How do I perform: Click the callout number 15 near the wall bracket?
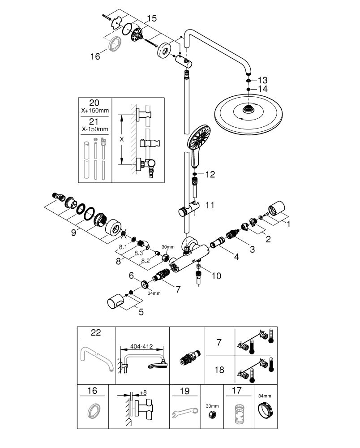coord(152,18)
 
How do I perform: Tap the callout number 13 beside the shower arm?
coord(263,80)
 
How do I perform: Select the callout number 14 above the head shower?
coord(263,89)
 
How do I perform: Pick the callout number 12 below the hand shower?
coord(210,174)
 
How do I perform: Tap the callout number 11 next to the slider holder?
coord(210,205)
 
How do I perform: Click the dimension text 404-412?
coord(141,347)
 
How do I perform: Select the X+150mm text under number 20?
coord(95,111)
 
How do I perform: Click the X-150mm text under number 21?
coord(95,129)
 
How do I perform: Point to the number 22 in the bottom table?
coord(96,332)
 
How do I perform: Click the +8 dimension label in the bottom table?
coord(143,392)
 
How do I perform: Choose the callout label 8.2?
coord(146,261)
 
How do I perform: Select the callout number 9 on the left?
coord(73,233)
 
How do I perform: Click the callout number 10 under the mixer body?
coord(216,276)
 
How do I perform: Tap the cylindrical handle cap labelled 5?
coord(116,302)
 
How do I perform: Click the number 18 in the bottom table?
coord(219,370)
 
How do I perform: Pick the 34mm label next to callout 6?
coord(154,293)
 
